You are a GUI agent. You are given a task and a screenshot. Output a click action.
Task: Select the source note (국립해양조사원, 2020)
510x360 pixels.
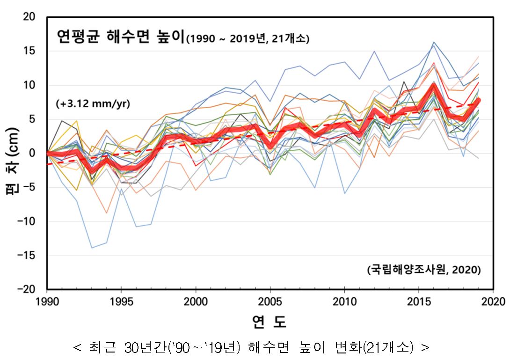click(x=423, y=270)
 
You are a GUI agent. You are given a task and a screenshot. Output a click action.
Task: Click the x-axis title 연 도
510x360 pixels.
click(x=269, y=322)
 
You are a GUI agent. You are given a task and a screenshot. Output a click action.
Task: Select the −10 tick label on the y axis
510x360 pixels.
click(x=27, y=221)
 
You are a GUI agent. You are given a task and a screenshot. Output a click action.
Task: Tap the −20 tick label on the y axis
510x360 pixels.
click(x=27, y=289)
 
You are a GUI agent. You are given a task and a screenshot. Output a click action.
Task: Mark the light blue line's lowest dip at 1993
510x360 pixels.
click(x=92, y=248)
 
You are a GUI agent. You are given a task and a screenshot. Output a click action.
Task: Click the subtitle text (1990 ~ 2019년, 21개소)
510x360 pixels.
click(x=248, y=39)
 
